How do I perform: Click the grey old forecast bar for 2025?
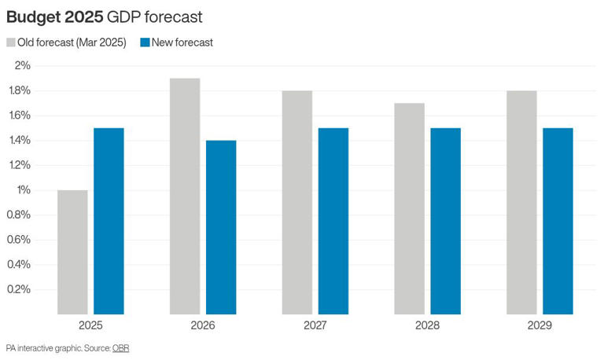tap(72, 252)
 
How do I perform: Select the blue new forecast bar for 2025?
tap(109, 221)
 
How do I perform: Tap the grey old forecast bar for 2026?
tap(185, 196)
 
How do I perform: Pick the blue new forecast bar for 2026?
tap(221, 227)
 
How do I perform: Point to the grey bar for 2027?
tap(297, 202)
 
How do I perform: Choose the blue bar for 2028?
tap(446, 221)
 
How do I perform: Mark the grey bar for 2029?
tap(521, 202)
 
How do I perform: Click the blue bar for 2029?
tap(558, 221)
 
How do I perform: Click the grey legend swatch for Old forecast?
tap(12, 42)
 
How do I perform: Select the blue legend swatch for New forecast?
tap(144, 42)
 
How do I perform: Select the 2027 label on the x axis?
tap(315, 325)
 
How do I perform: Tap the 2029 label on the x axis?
tap(540, 325)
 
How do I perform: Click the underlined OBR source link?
tap(120, 347)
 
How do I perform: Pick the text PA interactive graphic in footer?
tap(39, 347)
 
